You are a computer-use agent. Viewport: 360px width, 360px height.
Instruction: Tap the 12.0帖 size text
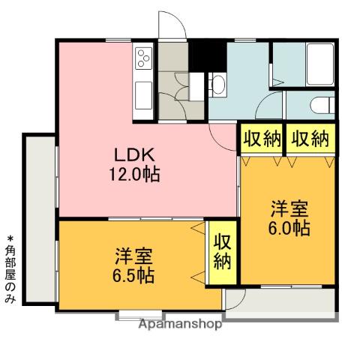pyautogui.click(x=134, y=175)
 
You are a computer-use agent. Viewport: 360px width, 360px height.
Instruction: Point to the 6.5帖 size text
pyautogui.click(x=134, y=274)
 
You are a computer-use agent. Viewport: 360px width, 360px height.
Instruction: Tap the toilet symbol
pyautogui.click(x=320, y=106)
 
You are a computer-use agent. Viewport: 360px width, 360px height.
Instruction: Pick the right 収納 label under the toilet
pyautogui.click(x=309, y=139)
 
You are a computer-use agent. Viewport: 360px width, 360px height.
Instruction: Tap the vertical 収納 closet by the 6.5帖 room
pyautogui.click(x=223, y=251)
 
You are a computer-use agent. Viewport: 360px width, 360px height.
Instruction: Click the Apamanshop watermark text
pyautogui.click(x=179, y=325)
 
